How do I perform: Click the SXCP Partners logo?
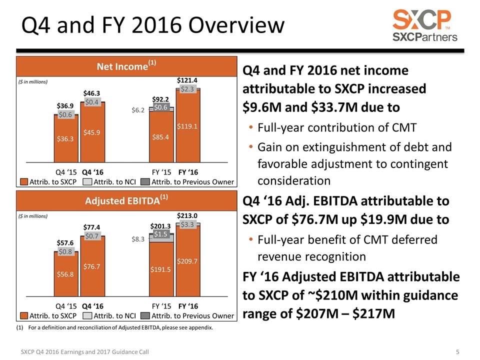(x=424, y=25)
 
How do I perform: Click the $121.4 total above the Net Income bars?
(x=188, y=80)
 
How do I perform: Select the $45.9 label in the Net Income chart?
(x=92, y=132)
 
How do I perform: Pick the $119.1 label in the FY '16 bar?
(x=188, y=126)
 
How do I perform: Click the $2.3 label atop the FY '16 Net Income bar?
(x=188, y=89)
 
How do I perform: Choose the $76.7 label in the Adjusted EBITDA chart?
(x=92, y=266)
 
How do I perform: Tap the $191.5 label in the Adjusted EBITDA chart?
(x=161, y=269)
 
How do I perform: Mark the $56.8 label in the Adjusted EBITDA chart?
(x=65, y=273)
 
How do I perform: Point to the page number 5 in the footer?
(x=458, y=352)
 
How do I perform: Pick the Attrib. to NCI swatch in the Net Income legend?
(x=86, y=181)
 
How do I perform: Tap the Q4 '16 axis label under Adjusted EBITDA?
(x=92, y=305)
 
